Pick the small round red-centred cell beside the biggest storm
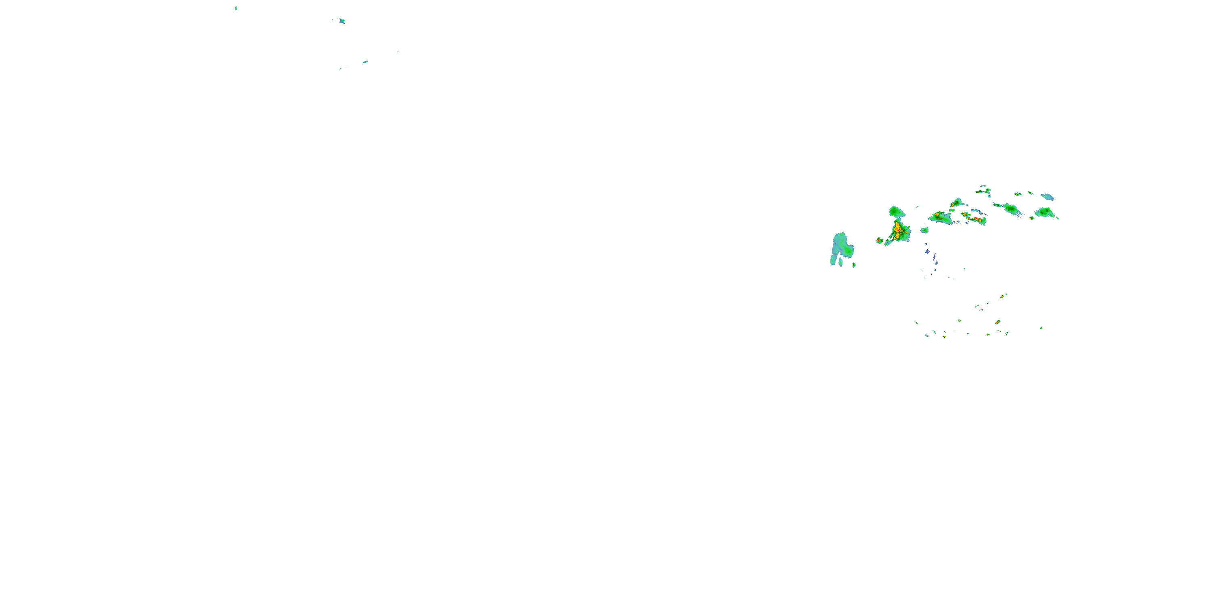tap(879, 240)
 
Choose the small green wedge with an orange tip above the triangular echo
tap(956, 203)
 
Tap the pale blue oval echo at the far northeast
tap(1048, 197)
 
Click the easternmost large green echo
tap(1045, 212)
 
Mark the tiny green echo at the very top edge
tap(236, 8)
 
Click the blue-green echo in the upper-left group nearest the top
tap(342, 21)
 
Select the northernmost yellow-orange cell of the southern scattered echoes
tap(1002, 297)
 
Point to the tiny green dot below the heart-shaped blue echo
tap(854, 265)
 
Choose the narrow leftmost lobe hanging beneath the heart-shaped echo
tap(833, 260)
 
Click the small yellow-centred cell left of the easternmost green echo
tap(1032, 218)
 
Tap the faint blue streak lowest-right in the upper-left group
tap(341, 69)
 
